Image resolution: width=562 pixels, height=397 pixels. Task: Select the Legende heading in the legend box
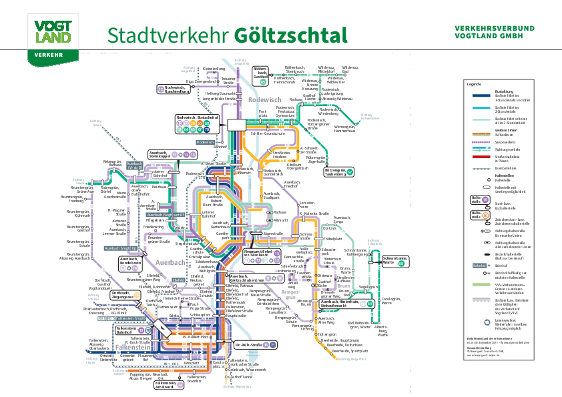coord(474,84)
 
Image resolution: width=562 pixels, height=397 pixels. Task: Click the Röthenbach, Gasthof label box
coord(261,74)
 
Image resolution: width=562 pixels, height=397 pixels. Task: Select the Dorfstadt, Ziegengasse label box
coord(125,294)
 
